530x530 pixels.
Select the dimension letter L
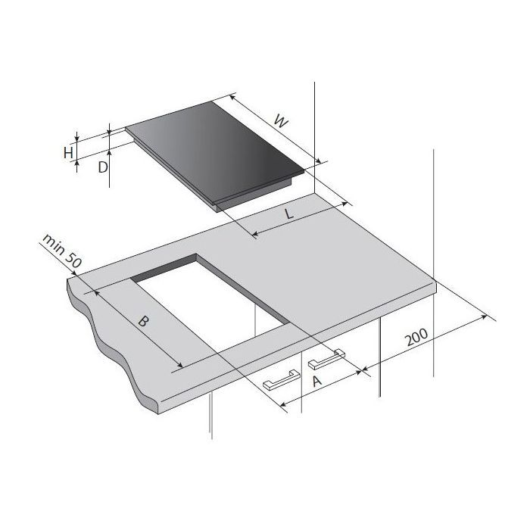click(x=290, y=214)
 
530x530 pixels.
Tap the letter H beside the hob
click(x=68, y=153)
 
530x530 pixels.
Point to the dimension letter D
click(x=102, y=167)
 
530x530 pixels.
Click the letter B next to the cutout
click(x=144, y=321)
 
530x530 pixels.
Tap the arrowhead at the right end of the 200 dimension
click(x=485, y=317)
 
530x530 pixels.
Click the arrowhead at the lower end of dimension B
click(x=177, y=370)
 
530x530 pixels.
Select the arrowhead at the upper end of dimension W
click(x=232, y=98)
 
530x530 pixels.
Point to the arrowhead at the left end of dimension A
click(x=285, y=410)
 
